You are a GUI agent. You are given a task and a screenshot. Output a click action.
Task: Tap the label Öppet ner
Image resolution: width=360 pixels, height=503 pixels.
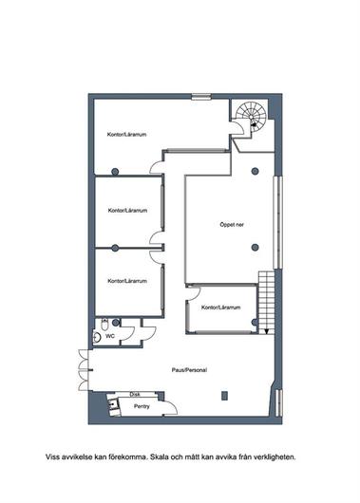pos(232,225)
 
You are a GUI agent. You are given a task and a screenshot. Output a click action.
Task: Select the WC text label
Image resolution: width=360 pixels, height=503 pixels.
pos(110,336)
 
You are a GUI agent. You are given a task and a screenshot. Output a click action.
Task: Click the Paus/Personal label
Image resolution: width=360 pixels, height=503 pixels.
pos(189,370)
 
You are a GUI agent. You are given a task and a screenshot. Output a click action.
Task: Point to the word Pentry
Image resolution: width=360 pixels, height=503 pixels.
pos(142,406)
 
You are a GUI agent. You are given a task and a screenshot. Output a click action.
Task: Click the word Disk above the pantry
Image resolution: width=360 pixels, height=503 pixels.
pos(135,394)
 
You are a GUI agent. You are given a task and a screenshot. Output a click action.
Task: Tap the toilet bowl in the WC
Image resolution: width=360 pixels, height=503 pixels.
pos(104,325)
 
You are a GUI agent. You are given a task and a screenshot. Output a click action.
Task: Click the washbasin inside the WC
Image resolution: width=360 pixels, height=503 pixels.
pos(97,337)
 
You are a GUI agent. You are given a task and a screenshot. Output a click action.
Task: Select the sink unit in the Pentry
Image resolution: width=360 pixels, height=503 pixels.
pos(113,405)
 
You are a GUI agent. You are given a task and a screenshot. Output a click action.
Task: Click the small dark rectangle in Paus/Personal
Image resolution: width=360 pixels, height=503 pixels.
pos(224,396)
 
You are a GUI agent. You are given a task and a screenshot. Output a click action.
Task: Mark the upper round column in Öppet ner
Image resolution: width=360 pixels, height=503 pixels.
pos(255,171)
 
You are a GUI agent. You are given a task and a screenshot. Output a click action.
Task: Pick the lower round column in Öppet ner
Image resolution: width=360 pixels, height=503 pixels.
pos(255,247)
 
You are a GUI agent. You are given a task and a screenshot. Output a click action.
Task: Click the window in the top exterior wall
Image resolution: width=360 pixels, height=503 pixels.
pos(201,97)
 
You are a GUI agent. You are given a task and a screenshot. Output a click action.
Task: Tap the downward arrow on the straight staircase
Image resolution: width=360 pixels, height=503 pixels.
pos(266,331)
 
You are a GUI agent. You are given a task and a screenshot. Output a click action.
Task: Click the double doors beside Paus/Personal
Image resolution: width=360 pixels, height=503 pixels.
pos(84,370)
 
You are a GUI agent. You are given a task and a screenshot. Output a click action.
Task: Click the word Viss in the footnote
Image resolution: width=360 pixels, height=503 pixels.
pos(52,456)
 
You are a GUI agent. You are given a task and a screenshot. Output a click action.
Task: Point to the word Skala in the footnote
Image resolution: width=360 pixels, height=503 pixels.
pos(160,456)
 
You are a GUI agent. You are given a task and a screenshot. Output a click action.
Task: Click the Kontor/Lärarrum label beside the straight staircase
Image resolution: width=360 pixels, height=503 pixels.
pos(221,307)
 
